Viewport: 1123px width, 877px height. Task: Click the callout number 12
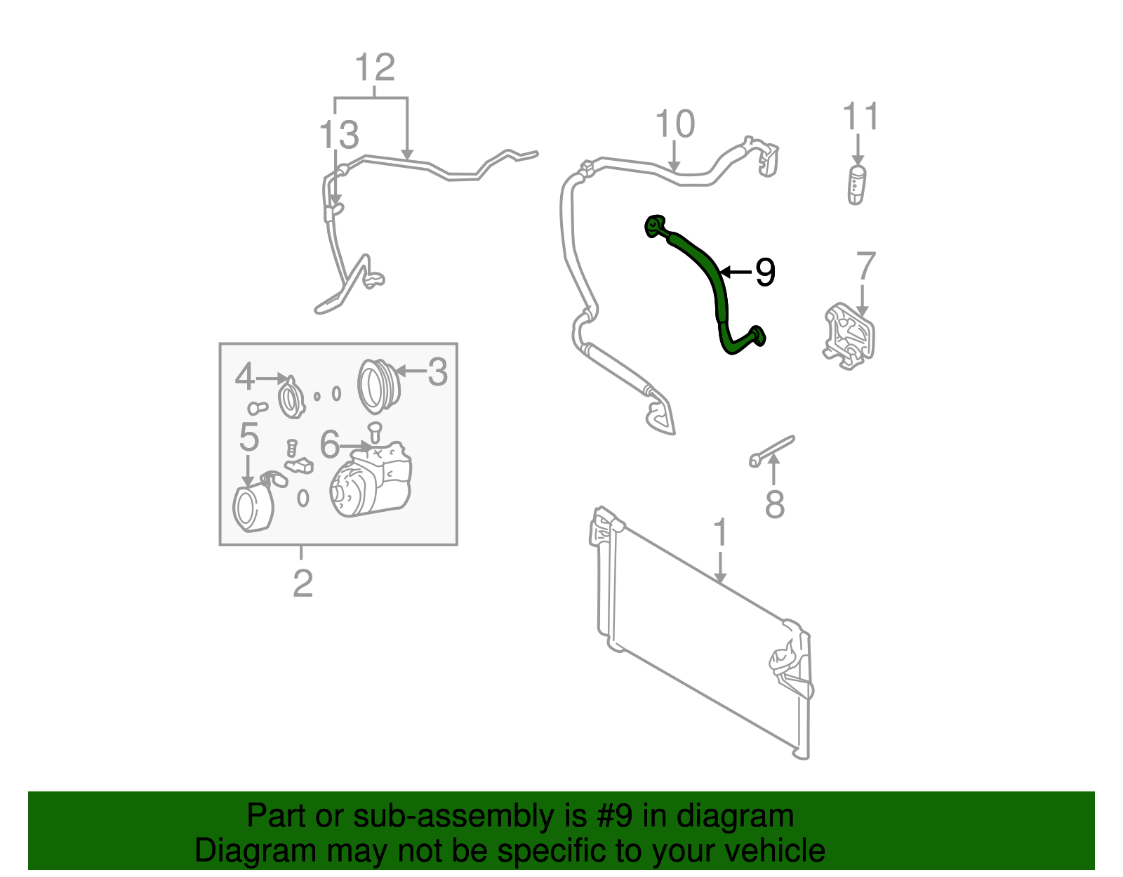click(x=375, y=68)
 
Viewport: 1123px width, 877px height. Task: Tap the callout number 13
click(x=339, y=135)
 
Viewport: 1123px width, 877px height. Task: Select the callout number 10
click(x=675, y=124)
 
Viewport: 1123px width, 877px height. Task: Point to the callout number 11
click(x=860, y=117)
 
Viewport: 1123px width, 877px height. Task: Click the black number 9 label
click(x=765, y=272)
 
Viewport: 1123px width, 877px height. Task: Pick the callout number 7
click(x=866, y=267)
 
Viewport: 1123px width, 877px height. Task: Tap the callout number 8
click(x=774, y=504)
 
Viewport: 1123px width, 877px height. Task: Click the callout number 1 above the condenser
click(x=720, y=534)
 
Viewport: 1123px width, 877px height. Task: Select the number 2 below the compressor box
click(x=302, y=583)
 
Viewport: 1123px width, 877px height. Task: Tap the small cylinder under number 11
click(x=857, y=185)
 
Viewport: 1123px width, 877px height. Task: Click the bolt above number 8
click(x=772, y=449)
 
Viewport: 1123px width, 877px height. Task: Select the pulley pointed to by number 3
click(x=378, y=385)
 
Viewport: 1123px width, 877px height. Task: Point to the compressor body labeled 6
click(x=372, y=481)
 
